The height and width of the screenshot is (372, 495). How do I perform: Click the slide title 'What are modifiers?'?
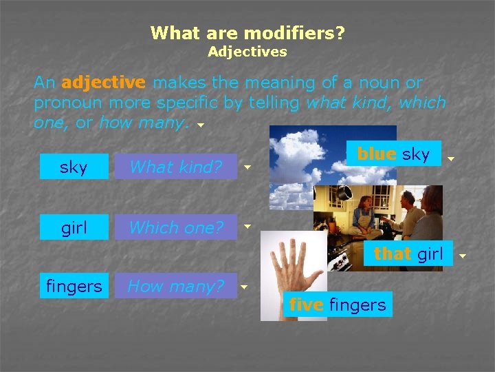click(x=247, y=32)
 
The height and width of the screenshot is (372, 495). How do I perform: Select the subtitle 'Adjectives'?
click(x=247, y=52)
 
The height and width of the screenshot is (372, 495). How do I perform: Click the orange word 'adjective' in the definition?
click(x=103, y=83)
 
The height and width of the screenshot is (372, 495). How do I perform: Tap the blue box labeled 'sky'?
click(x=74, y=167)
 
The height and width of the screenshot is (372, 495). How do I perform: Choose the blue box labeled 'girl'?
click(x=74, y=227)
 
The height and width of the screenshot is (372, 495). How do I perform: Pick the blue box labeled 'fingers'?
click(x=74, y=285)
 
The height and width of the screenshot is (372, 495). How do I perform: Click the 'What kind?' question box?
click(x=175, y=167)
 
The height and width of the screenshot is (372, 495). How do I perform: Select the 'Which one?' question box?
click(x=175, y=227)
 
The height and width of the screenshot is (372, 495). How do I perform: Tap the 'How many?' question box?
click(x=175, y=285)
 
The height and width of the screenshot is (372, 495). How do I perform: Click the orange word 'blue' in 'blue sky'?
click(x=376, y=154)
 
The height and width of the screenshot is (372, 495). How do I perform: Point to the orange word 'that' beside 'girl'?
click(x=393, y=254)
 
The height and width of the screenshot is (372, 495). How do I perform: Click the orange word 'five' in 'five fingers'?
click(x=307, y=304)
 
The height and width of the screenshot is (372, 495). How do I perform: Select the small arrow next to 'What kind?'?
click(x=247, y=167)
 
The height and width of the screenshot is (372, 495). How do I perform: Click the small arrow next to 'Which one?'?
click(x=247, y=226)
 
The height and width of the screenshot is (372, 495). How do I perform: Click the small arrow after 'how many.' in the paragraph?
click(x=200, y=126)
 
